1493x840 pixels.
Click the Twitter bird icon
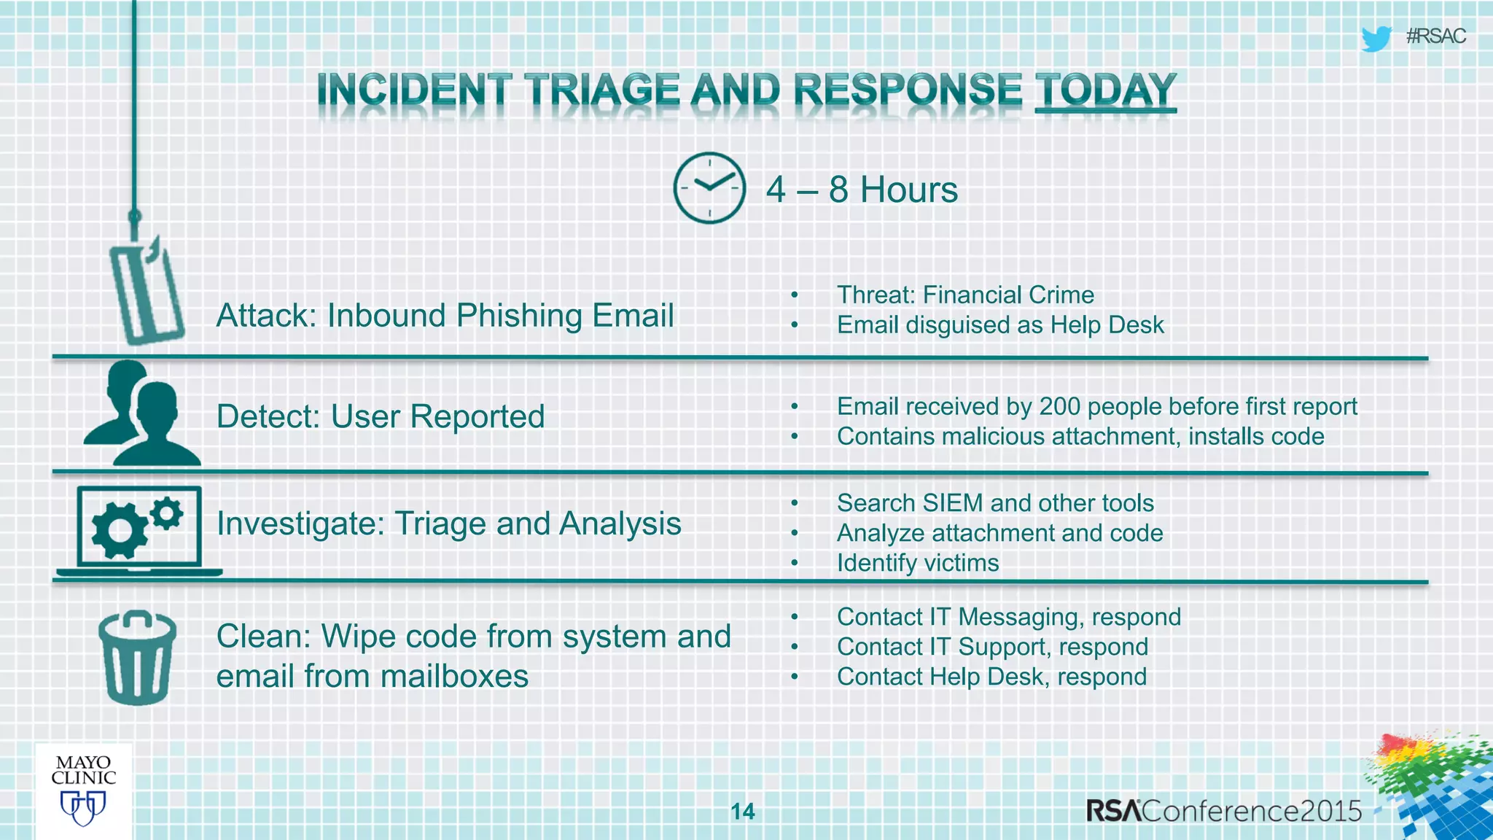click(1376, 38)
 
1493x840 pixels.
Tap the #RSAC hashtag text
click(1435, 36)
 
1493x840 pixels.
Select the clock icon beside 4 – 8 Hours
click(709, 188)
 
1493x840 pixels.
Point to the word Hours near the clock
click(908, 190)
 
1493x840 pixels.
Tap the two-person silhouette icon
click(141, 415)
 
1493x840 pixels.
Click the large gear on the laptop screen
click(119, 530)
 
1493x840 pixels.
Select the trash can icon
click(137, 658)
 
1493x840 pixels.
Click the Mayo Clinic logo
click(83, 790)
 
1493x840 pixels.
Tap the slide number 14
click(743, 812)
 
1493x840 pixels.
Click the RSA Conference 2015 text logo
click(1223, 811)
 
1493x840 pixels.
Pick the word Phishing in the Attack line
click(518, 316)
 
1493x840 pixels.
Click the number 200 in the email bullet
click(1059, 406)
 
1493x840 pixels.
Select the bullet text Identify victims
click(917, 563)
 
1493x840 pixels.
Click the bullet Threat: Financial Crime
click(965, 295)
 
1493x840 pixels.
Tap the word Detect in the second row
click(267, 417)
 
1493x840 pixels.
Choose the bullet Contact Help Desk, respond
click(991, 677)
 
